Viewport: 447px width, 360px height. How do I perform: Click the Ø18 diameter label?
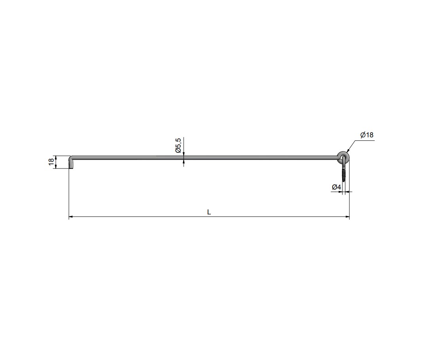tap(367, 135)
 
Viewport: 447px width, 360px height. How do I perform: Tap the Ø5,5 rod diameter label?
tap(178, 145)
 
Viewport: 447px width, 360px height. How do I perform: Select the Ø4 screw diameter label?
tap(336, 187)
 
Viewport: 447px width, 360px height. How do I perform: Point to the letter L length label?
tap(209, 212)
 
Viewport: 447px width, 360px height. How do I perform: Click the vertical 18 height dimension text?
tap(51, 162)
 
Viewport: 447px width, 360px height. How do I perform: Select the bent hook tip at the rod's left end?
tap(71, 164)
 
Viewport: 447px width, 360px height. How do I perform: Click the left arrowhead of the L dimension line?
tap(71, 217)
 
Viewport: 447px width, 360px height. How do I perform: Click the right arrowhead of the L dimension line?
tap(347, 217)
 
